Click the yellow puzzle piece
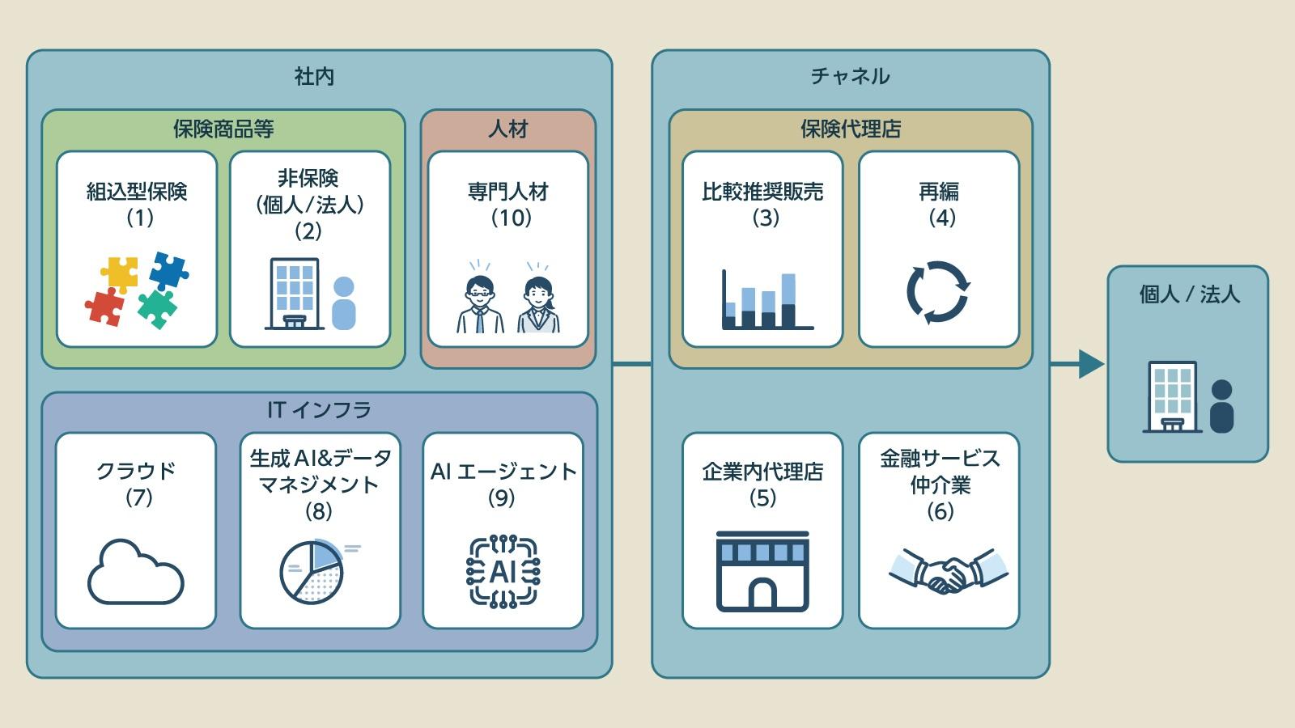(120, 274)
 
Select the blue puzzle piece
(168, 270)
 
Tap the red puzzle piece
(105, 307)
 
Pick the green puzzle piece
(158, 308)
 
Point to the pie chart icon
(312, 572)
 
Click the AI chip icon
(503, 572)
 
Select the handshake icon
(948, 571)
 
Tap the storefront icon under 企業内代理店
(762, 571)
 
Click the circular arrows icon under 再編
(938, 292)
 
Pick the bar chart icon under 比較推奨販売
(766, 300)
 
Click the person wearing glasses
(480, 304)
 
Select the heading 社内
(314, 77)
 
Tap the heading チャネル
(850, 77)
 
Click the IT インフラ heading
(319, 410)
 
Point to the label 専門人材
(508, 192)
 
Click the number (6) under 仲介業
(940, 511)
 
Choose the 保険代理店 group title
(850, 129)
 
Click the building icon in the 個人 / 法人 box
(1171, 396)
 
